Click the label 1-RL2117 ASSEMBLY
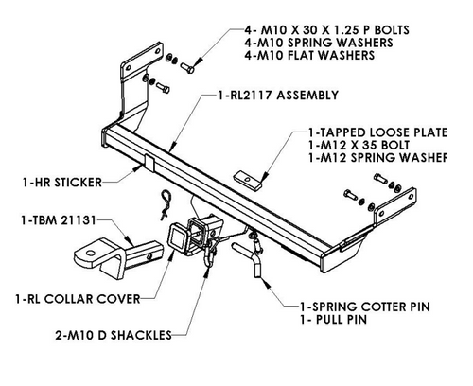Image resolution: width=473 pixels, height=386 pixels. (278, 96)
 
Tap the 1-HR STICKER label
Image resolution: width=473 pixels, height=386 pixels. (62, 183)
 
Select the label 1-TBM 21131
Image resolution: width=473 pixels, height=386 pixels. (59, 220)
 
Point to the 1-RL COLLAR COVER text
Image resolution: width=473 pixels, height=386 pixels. (78, 299)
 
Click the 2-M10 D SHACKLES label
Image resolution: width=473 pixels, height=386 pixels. (114, 335)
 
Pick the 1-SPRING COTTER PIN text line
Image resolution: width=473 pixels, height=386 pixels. (365, 307)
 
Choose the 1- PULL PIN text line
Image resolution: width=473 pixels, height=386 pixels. (334, 320)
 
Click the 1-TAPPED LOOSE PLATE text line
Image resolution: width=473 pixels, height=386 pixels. (377, 132)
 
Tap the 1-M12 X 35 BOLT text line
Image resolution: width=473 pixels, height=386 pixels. (359, 145)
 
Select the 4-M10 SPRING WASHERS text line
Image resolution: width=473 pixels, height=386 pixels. (319, 43)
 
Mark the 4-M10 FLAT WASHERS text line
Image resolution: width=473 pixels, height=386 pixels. (309, 55)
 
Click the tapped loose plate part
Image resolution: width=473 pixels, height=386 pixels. (248, 180)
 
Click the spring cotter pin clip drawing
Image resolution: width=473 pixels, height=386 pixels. (166, 203)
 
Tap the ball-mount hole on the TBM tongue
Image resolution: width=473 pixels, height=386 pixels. (90, 254)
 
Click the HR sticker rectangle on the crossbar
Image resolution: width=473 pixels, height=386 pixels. (149, 163)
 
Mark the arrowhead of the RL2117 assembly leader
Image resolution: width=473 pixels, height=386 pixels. (172, 147)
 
